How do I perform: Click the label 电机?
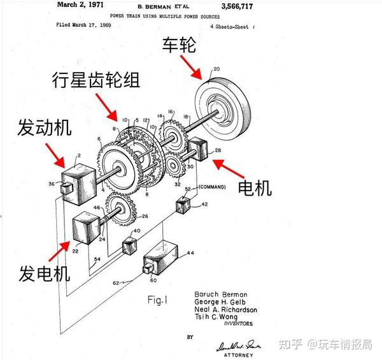click(x=255, y=188)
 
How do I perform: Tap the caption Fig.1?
click(x=160, y=299)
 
